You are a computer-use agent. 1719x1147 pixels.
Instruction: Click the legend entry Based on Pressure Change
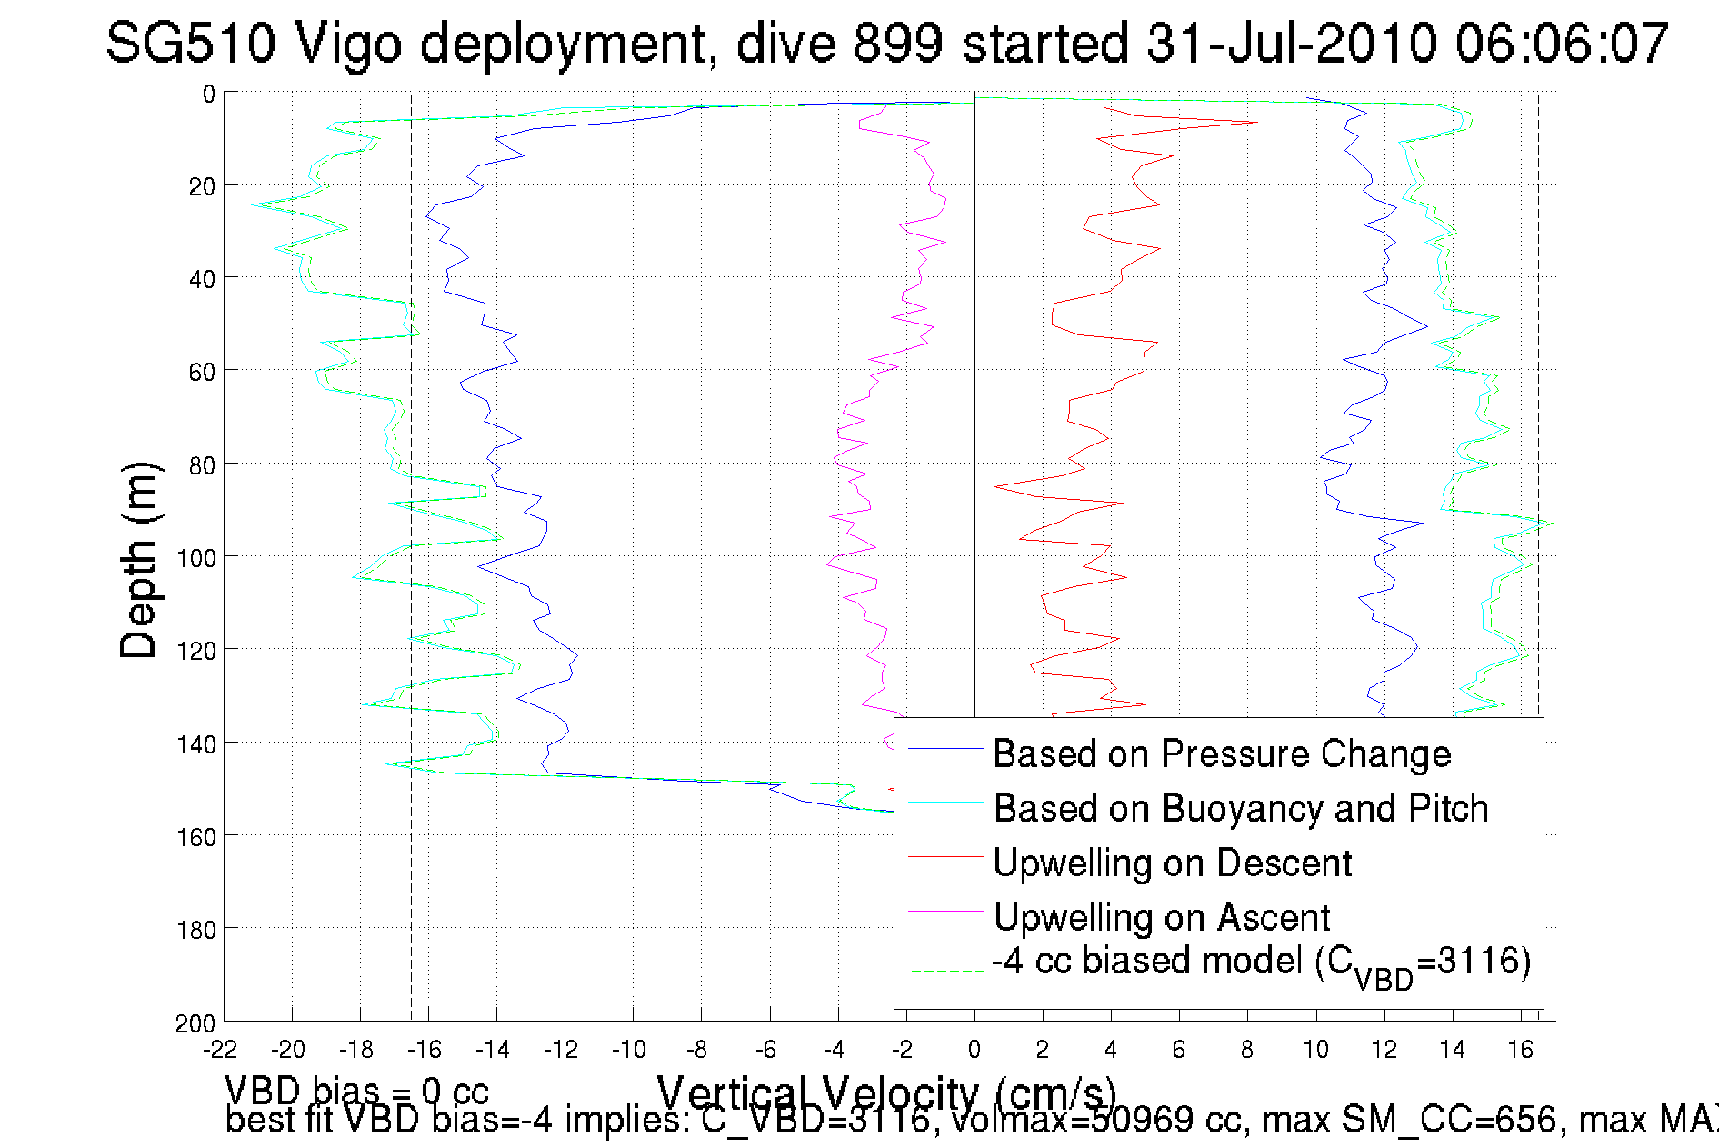click(x=1221, y=754)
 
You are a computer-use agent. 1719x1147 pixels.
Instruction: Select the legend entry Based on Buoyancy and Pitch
click(x=1241, y=809)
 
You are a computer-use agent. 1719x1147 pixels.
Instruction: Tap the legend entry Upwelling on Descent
click(x=1172, y=863)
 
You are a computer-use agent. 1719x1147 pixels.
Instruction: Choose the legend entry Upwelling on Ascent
click(x=1161, y=918)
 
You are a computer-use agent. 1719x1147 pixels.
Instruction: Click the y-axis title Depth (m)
click(x=139, y=560)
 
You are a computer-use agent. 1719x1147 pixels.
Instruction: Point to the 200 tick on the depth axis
click(x=195, y=1023)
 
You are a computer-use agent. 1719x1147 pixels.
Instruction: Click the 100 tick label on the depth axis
click(x=195, y=558)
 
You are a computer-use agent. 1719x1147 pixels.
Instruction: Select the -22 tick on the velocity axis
click(x=220, y=1051)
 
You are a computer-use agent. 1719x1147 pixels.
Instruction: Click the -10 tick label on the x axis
click(x=628, y=1051)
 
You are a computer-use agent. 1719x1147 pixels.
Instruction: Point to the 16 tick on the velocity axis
click(x=1520, y=1051)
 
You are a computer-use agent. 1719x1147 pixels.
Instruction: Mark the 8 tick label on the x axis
click(x=1246, y=1051)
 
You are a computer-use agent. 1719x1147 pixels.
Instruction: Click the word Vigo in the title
click(x=348, y=44)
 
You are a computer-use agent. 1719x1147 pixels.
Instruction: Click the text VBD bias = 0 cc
click(x=356, y=1089)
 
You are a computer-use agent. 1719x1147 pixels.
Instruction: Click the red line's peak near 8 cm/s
click(x=1257, y=122)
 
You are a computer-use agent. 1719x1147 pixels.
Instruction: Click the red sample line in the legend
click(x=945, y=856)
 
